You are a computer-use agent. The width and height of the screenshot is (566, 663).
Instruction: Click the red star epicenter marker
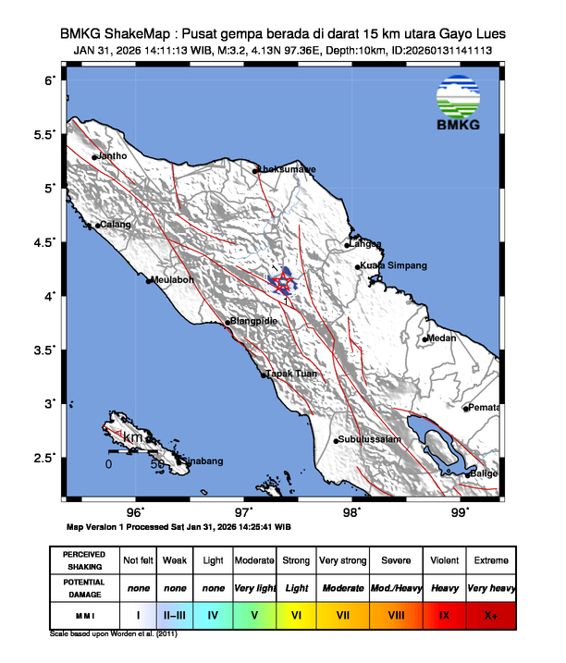pyautogui.click(x=284, y=283)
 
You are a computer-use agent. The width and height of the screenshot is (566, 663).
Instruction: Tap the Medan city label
pyautogui.click(x=442, y=338)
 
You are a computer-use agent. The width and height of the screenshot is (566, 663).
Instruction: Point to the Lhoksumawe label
pyautogui.click(x=287, y=169)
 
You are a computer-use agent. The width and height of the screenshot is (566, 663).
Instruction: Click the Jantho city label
pyautogui.click(x=112, y=156)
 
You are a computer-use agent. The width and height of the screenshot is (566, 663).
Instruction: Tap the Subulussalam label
pyautogui.click(x=369, y=439)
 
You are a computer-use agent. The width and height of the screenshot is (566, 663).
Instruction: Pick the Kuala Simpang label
pyautogui.click(x=394, y=266)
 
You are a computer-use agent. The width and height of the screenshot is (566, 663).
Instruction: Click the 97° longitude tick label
pyautogui.click(x=244, y=511)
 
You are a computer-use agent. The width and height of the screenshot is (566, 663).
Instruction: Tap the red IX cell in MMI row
pyautogui.click(x=444, y=614)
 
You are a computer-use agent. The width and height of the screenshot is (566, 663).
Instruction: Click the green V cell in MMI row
pyautogui.click(x=253, y=614)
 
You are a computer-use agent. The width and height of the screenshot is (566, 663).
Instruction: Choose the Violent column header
pyautogui.click(x=444, y=560)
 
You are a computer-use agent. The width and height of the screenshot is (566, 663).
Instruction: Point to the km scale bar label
pyautogui.click(x=133, y=436)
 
